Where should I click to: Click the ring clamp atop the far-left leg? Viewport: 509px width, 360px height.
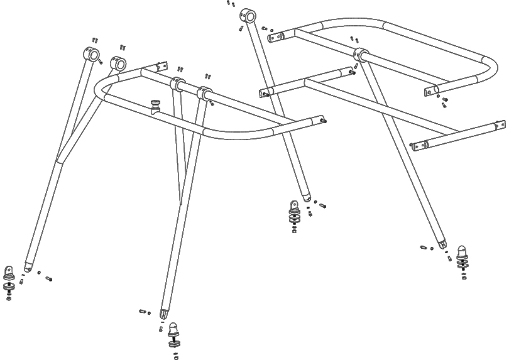coord(92,55)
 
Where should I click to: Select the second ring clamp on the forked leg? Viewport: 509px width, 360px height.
coord(118,63)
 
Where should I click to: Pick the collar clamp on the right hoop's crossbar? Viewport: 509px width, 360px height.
coord(361,54)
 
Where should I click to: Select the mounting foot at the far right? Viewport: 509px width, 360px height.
coord(463,258)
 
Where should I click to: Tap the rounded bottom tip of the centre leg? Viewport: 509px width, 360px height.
coord(306,197)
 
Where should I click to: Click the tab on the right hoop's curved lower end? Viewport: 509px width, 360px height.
coord(431,92)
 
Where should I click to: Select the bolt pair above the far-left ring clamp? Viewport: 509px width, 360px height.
coord(95,40)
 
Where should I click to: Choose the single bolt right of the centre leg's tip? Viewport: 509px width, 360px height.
coord(322,205)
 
